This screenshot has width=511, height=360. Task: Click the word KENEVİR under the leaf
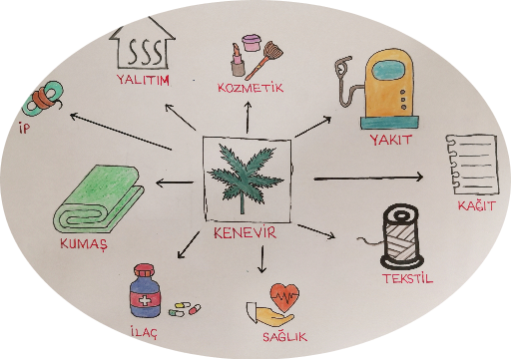(245, 232)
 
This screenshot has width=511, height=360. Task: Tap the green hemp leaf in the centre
(245, 177)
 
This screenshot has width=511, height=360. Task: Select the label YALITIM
(143, 80)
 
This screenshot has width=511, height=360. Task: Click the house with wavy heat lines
(143, 45)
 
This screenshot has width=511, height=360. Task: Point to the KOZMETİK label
(251, 88)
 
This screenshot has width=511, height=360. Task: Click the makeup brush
(266, 60)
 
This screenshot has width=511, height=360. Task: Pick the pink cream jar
(252, 42)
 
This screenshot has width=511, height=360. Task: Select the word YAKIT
(390, 140)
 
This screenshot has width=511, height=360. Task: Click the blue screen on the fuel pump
(388, 71)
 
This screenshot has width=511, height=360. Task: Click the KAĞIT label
(476, 205)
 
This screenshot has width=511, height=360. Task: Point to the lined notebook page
(472, 165)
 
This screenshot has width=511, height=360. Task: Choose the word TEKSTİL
(407, 278)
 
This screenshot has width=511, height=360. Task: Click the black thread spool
(401, 236)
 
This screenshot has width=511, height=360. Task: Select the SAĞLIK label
(284, 337)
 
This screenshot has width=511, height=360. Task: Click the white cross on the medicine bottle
(145, 301)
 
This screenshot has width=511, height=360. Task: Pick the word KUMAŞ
(84, 244)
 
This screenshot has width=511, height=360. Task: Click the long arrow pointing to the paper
(368, 179)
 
